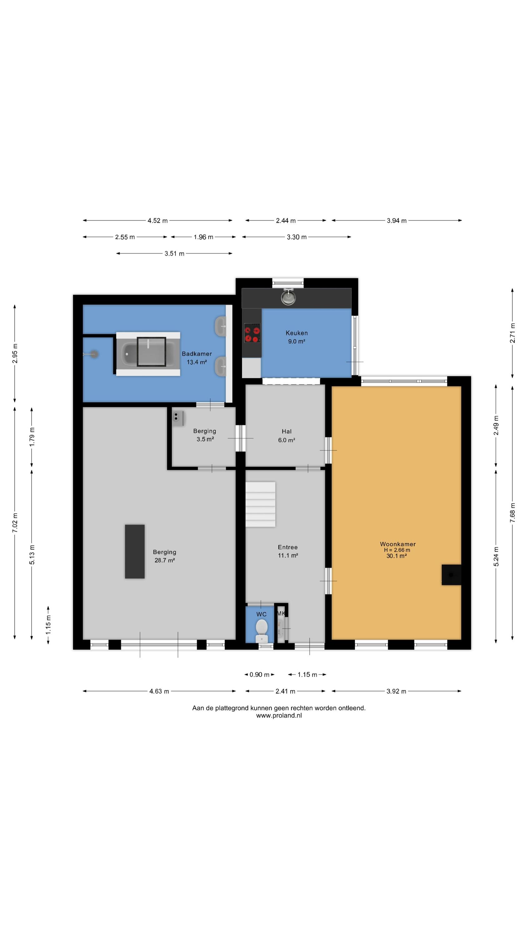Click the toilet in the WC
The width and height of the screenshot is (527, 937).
coord(262,631)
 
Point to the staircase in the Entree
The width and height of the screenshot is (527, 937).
coord(260,504)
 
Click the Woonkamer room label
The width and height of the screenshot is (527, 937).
coord(397,544)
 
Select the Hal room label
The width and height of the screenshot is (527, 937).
coord(287,431)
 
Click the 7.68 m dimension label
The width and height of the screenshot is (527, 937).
coord(512,513)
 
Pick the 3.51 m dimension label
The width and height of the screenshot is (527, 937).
coord(175,254)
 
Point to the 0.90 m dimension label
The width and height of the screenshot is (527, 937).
coord(259,675)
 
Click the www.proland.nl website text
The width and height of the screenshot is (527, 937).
coord(279,716)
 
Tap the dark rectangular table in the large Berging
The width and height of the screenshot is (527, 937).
coord(135,552)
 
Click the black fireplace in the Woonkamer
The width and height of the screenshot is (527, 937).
coord(451,575)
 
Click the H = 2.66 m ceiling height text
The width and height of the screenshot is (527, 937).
coord(397,550)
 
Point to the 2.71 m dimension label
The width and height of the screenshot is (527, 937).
coord(512,333)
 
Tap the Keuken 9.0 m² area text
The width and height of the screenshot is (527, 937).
coord(296,342)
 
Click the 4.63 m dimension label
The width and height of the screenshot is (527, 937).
coord(159,691)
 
